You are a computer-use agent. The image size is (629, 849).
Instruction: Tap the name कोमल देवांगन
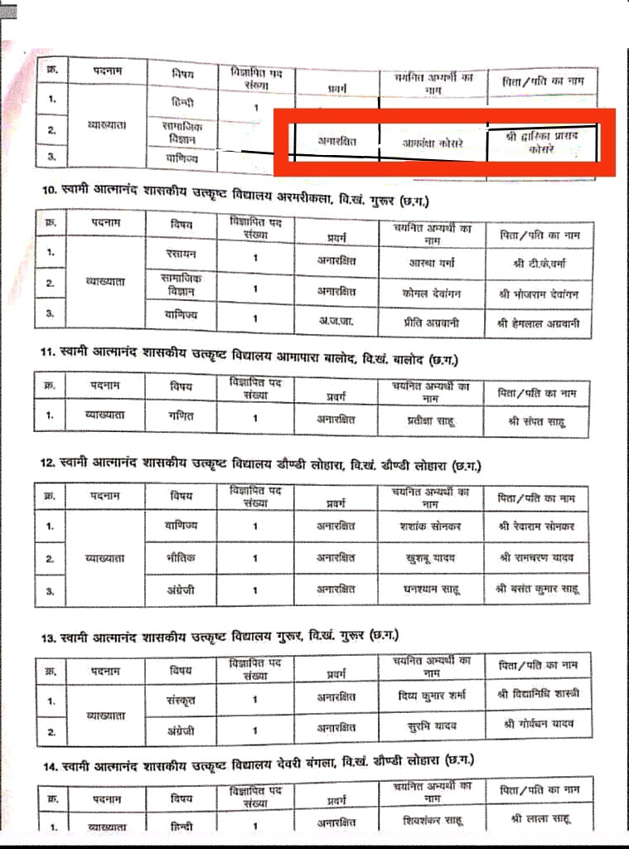click(429, 293)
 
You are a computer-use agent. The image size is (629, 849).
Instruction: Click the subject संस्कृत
click(181, 699)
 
